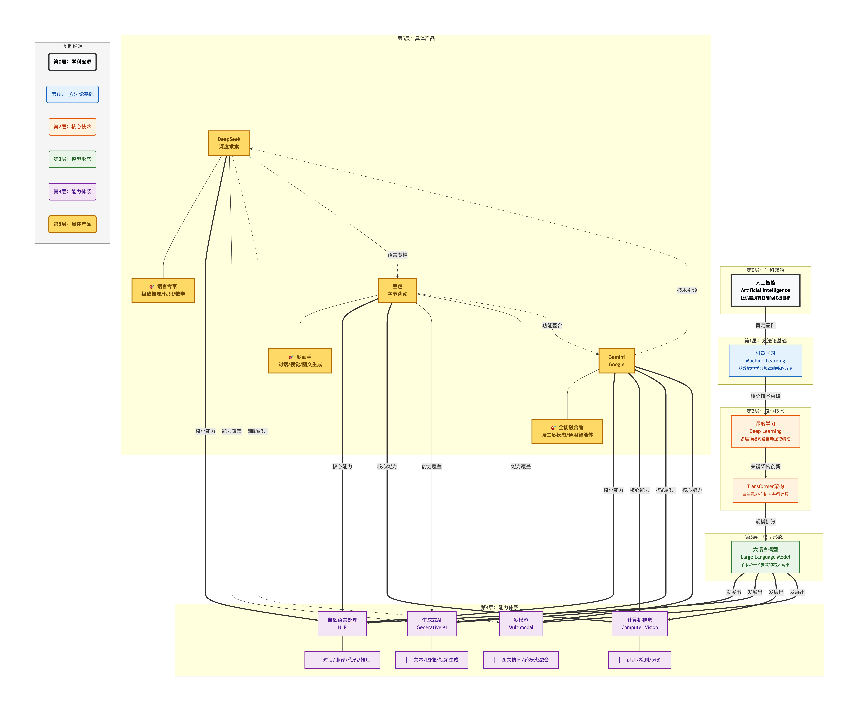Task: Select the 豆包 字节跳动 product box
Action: tap(397, 290)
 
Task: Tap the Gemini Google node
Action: tap(616, 361)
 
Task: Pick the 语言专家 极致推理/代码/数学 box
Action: tap(163, 290)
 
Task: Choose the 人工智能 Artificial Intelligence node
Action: tap(765, 290)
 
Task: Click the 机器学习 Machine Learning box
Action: tap(765, 361)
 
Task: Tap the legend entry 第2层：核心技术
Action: tap(72, 127)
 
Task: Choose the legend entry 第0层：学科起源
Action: tap(72, 62)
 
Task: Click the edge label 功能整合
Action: tap(552, 325)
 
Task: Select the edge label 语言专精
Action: tap(397, 255)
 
